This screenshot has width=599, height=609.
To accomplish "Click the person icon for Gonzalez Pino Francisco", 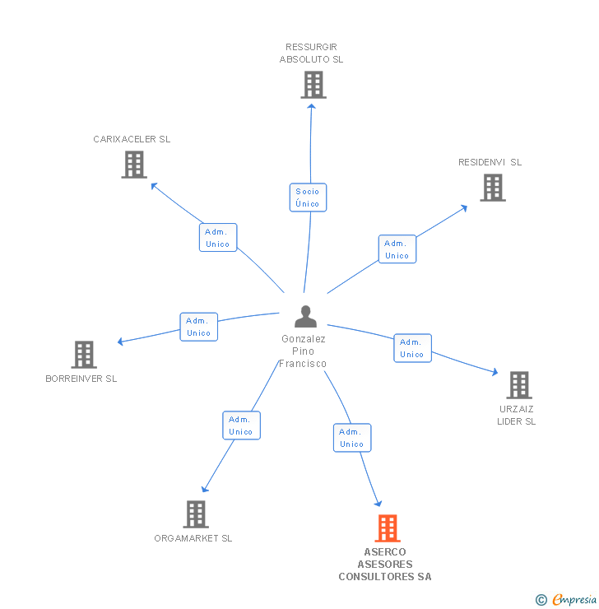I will click(305, 317).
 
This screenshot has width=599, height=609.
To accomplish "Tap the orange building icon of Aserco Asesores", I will click(387, 528).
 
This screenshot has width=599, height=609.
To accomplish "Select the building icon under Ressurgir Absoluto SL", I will click(313, 85).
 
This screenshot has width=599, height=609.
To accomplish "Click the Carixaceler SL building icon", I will click(134, 165).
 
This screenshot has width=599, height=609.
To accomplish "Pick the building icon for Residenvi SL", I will click(492, 188).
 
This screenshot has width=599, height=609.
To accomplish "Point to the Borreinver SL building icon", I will click(83, 355).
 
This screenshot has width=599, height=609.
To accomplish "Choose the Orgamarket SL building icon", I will click(195, 514).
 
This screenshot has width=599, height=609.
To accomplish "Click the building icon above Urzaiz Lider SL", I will click(518, 385).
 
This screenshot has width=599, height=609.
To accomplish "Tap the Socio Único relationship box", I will click(308, 198).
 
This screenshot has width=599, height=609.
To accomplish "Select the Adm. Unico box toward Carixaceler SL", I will click(218, 238).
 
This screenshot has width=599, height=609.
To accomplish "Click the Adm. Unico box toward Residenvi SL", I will click(397, 249).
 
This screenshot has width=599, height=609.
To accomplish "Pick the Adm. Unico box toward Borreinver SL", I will click(199, 327).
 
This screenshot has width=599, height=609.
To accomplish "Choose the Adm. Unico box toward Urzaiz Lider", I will click(412, 348).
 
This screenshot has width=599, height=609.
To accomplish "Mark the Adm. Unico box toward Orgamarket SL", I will click(241, 425).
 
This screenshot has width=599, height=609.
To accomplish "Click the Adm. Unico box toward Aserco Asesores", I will click(352, 438).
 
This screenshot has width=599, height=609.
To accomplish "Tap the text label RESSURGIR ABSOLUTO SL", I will click(311, 53).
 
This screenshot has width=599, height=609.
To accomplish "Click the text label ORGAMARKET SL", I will click(193, 538).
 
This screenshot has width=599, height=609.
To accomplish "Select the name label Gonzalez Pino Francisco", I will click(304, 351).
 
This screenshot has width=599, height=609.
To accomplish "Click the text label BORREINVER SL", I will click(81, 379).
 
